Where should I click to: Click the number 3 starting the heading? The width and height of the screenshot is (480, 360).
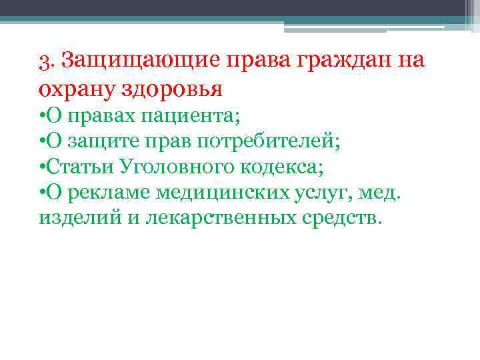tap(44, 61)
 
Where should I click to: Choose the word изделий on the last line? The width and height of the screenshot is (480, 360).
tap(69, 217)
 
